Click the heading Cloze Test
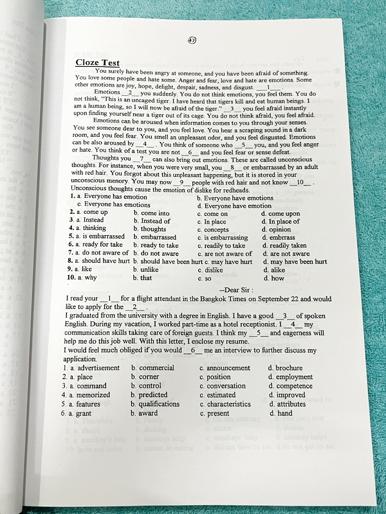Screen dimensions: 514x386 click(x=98, y=62)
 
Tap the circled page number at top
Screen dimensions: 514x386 click(x=192, y=40)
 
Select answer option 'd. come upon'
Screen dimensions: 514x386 click(x=284, y=213)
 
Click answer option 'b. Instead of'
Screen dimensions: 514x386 click(x=152, y=221)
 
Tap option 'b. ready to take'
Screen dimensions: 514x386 click(x=156, y=245)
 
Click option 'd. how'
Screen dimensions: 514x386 click(x=273, y=278)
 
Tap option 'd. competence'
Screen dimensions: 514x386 click(x=293, y=386)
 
